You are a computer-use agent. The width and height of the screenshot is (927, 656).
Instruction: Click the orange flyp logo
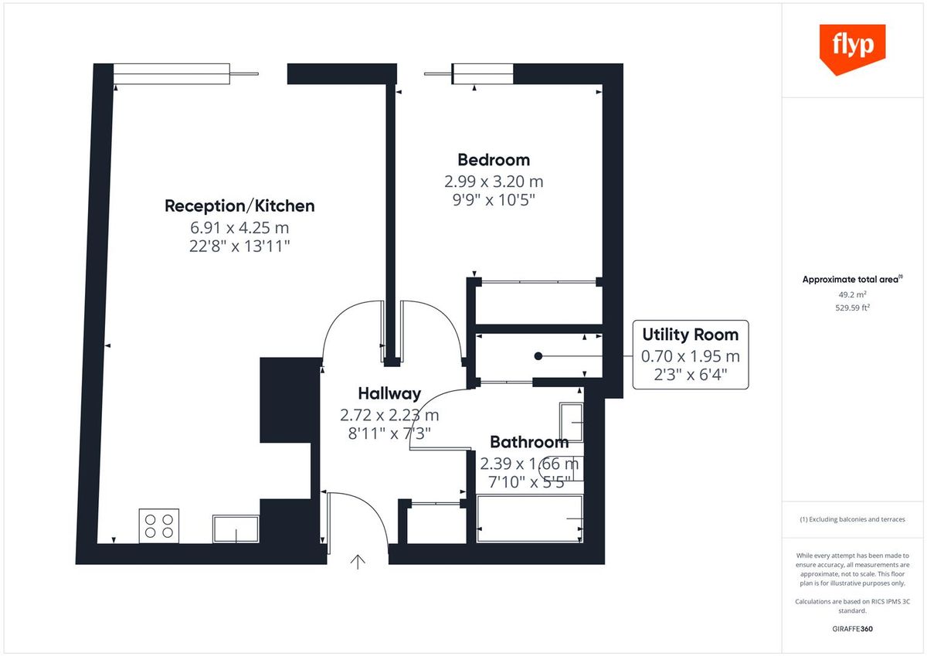pyautogui.click(x=852, y=47)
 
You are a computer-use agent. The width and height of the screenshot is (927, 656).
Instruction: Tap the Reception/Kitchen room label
pyautogui.click(x=239, y=206)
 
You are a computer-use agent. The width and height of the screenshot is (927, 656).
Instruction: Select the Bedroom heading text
pyautogui.click(x=494, y=160)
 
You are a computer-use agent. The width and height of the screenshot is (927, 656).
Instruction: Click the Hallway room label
pyautogui.click(x=389, y=393)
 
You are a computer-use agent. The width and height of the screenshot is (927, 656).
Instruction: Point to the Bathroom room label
pyautogui.click(x=529, y=442)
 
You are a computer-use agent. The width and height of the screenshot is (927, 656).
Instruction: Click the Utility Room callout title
pyautogui.click(x=690, y=335)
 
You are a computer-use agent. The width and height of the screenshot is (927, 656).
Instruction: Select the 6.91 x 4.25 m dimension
pyautogui.click(x=239, y=228)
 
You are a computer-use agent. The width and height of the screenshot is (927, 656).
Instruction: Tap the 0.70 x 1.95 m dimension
pyautogui.click(x=690, y=356)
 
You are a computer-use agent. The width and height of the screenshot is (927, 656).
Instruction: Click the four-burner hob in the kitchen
pyautogui.click(x=159, y=525)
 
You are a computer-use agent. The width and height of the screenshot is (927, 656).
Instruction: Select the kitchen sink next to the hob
pyautogui.click(x=236, y=529)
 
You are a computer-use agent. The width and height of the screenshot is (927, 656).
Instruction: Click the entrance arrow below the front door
pyautogui.click(x=358, y=562)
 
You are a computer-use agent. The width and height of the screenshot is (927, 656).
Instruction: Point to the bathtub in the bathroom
pyautogui.click(x=530, y=520)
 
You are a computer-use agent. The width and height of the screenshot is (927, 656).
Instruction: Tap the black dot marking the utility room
pyautogui.click(x=538, y=356)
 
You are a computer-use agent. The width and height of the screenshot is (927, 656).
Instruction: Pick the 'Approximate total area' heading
pyautogui.click(x=851, y=280)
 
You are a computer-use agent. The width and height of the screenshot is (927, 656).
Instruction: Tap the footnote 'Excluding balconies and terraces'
pyautogui.click(x=852, y=519)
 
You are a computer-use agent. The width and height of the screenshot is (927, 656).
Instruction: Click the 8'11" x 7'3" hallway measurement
pyautogui.click(x=389, y=433)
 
